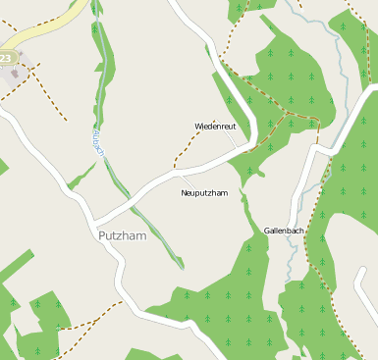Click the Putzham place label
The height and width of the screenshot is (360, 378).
122,236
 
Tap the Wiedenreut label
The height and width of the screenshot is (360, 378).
215,127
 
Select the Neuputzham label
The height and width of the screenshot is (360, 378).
204,193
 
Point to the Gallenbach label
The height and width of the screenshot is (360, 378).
284,231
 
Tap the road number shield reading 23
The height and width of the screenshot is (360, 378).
7,59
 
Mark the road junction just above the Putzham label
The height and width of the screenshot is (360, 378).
98,218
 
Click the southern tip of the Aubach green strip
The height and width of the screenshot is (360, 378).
181,266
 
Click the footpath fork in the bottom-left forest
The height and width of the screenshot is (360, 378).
60,327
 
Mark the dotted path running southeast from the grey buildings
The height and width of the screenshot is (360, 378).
49,98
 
